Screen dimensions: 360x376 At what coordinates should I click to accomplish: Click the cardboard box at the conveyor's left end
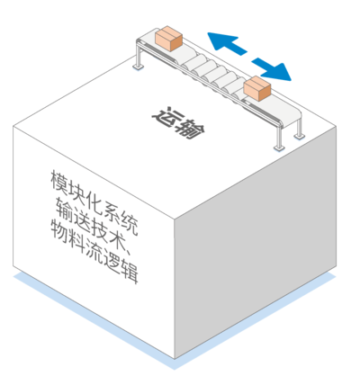pyautogui.click(x=169, y=39)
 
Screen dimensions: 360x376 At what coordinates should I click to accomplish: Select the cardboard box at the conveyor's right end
pyautogui.click(x=257, y=89)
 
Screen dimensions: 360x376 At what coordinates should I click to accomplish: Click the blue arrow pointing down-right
pyautogui.click(x=272, y=69)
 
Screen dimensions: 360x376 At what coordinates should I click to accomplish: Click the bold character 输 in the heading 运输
pyautogui.click(x=191, y=130)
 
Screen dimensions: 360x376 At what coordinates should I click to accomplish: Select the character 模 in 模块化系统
pyautogui.click(x=59, y=182)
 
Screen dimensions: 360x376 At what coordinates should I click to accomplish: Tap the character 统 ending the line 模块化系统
pyautogui.click(x=130, y=223)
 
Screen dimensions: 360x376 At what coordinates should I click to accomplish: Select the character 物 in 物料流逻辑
pyautogui.click(x=59, y=231)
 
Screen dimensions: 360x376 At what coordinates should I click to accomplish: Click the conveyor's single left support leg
pyautogui.click(x=139, y=57)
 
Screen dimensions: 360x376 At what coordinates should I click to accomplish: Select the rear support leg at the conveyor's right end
pyautogui.click(x=299, y=127)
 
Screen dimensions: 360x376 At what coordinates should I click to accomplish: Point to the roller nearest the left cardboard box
pyautogui.click(x=190, y=60)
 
